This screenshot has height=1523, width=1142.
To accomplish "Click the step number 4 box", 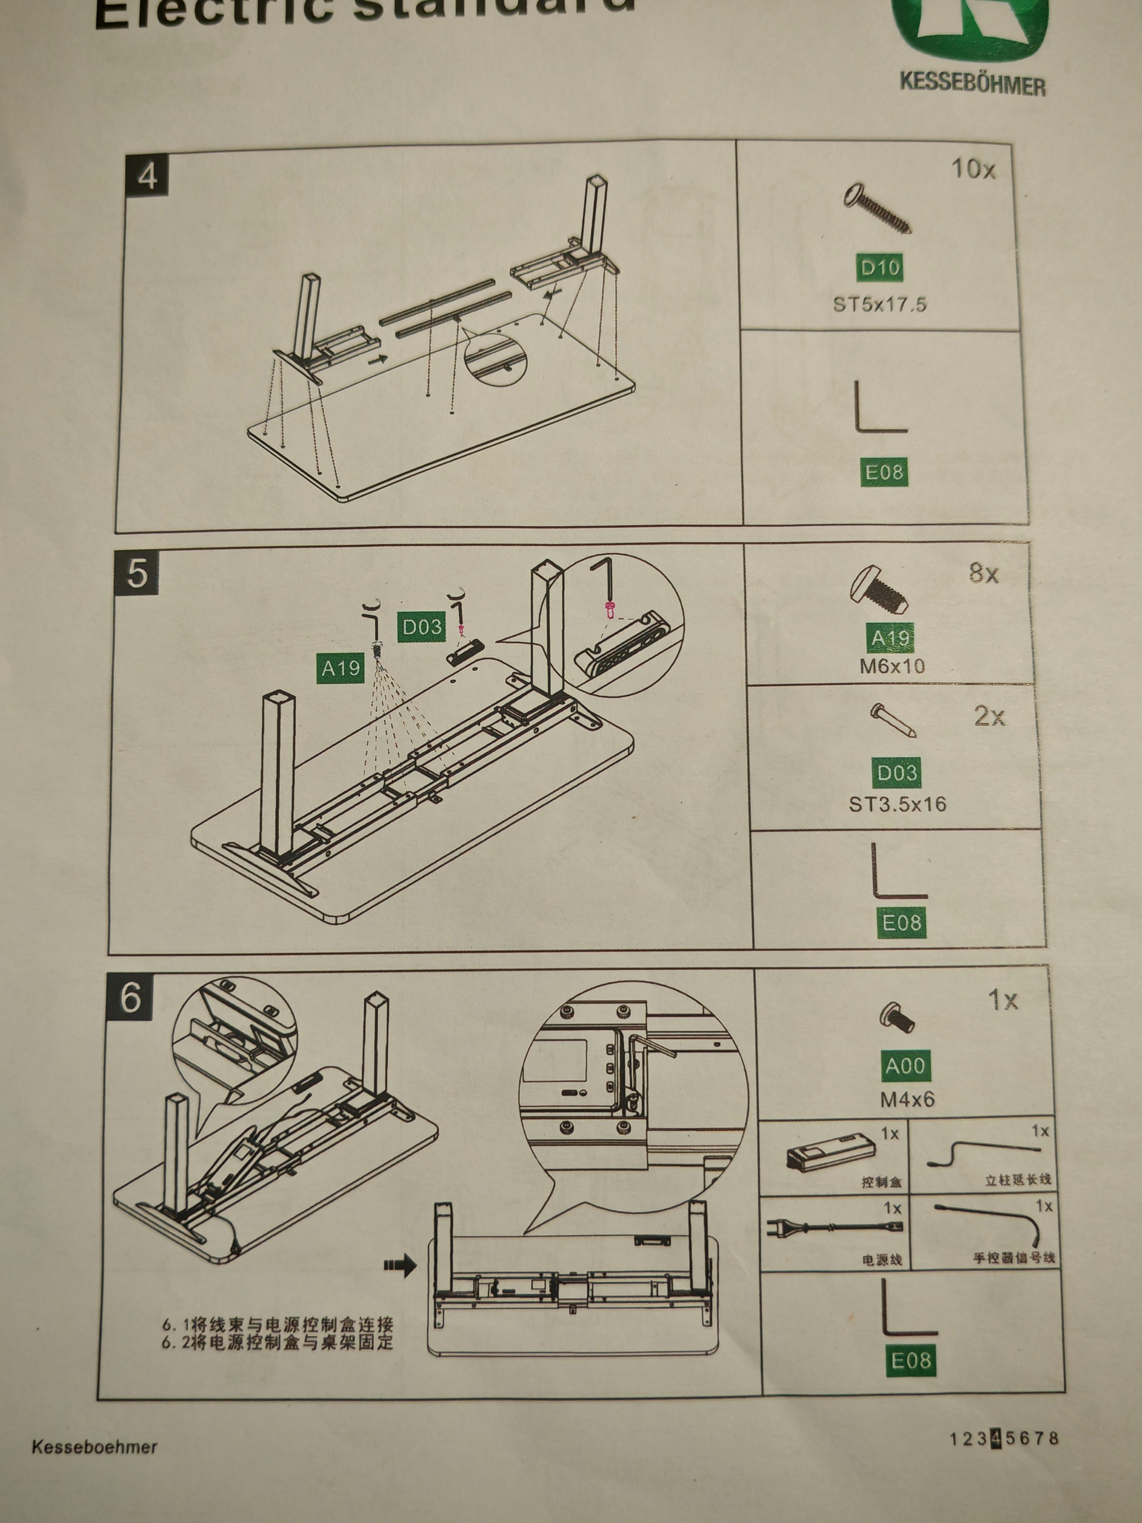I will (x=146, y=176).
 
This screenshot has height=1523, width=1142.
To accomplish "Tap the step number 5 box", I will (x=136, y=572).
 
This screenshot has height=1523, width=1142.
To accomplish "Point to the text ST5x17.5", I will (x=880, y=304).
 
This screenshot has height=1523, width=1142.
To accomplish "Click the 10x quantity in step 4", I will (x=972, y=169).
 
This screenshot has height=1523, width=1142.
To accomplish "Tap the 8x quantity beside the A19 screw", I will (x=984, y=573).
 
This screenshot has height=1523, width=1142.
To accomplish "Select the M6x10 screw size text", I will (x=892, y=666).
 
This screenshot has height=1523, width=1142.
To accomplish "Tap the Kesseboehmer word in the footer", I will (x=94, y=1446).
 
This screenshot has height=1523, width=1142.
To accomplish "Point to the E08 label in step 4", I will (x=884, y=472).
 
